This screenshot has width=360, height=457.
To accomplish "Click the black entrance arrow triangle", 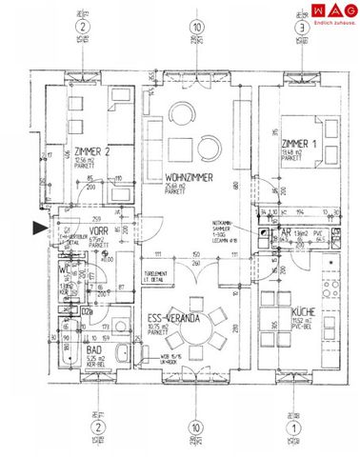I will (37, 228).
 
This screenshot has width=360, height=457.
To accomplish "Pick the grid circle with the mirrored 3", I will (301, 30).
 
